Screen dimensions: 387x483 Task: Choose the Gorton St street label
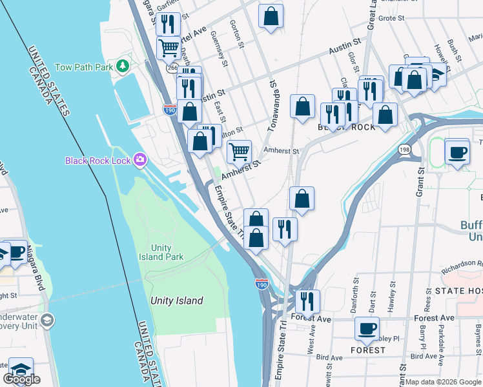pyautogui.click(x=238, y=34)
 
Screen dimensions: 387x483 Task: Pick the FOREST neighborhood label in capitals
pyautogui.click(x=368, y=350)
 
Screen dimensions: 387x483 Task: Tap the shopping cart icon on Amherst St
pyautogui.click(x=240, y=153)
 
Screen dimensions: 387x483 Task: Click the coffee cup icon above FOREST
pyautogui.click(x=367, y=330)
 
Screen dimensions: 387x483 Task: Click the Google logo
pyautogui.click(x=21, y=379)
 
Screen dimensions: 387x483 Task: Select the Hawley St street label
pyautogui.click(x=390, y=301)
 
